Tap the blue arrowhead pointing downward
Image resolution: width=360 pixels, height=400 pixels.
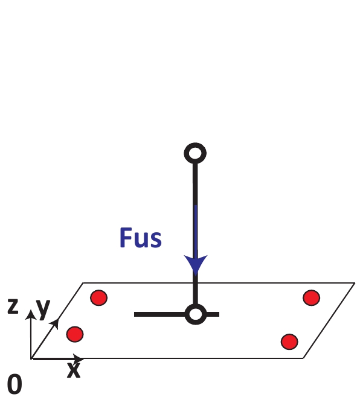pos(196,265)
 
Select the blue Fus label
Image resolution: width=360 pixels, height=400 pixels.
pos(140,238)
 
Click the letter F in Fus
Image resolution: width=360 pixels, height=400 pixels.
pos(126,238)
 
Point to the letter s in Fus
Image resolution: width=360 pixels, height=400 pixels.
pos(156,240)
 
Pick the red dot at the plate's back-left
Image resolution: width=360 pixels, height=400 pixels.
pos(99,297)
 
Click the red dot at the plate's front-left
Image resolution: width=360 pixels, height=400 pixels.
pos(75,334)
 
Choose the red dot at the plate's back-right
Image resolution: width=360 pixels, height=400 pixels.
pos(312,297)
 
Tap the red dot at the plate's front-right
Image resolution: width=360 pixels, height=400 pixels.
pos(289,342)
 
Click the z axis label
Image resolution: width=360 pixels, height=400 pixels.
pos(13,306)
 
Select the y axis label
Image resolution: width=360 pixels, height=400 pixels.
pos(43,309)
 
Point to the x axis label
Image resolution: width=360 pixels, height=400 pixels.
pos(74,370)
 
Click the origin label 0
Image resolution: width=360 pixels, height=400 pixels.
pos(14,384)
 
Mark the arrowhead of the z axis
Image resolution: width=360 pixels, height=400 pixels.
pos(31,314)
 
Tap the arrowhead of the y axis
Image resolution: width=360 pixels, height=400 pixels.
pos(54,323)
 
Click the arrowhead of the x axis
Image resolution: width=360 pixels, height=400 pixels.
pos(77,358)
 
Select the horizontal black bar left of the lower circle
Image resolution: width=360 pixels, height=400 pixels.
pos(160,314)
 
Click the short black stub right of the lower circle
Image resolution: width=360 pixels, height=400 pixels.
pos(213,314)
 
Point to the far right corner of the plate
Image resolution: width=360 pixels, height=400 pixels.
pos(355,283)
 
